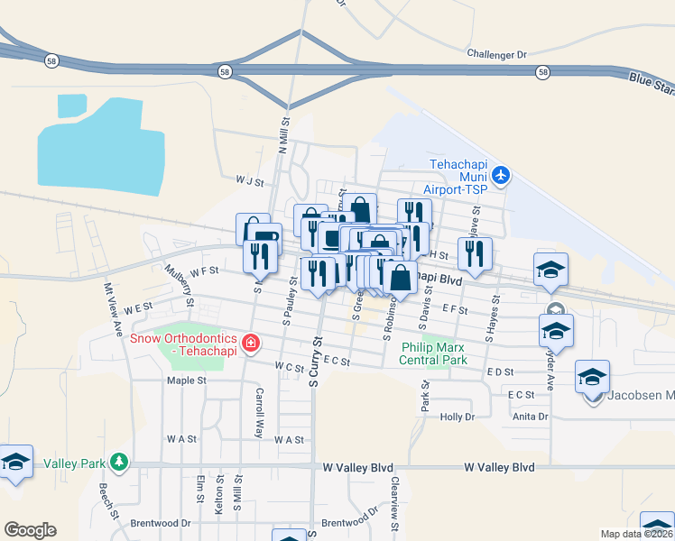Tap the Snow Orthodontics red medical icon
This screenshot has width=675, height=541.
(250, 343)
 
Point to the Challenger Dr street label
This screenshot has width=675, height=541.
(496, 54)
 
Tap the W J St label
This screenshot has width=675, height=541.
(248, 181)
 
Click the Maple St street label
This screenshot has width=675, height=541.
(186, 381)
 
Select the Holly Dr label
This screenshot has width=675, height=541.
(457, 417)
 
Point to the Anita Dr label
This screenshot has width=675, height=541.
(530, 417)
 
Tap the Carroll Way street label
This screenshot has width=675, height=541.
(259, 408)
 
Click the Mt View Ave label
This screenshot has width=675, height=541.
(113, 310)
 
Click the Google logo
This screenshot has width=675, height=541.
(30, 530)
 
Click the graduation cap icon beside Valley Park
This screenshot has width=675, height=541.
(15, 462)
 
